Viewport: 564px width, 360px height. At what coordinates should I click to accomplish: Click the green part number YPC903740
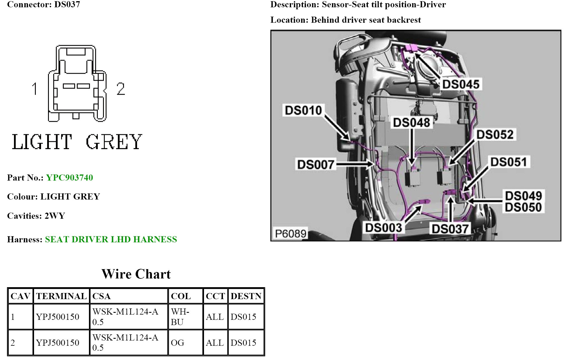pyautogui.click(x=70, y=178)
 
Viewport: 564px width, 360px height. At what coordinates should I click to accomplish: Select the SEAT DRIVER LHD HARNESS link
pyautogui.click(x=111, y=239)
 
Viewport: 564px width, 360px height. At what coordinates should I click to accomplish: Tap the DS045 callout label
pyautogui.click(x=461, y=84)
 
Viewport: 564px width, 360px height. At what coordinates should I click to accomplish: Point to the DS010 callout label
pyautogui.click(x=303, y=110)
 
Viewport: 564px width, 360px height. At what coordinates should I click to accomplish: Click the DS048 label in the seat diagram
pyautogui.click(x=412, y=123)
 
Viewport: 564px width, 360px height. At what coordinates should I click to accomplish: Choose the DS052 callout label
pyautogui.click(x=495, y=135)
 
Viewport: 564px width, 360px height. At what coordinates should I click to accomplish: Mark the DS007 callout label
pyautogui.click(x=315, y=165)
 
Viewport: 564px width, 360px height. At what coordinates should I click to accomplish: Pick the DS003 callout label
pyautogui.click(x=384, y=228)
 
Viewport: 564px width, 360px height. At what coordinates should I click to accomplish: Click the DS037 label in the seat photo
pyautogui.click(x=450, y=229)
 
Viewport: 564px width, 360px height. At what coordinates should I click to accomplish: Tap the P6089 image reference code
pyautogui.click(x=291, y=234)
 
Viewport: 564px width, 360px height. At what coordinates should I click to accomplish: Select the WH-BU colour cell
pyautogui.click(x=180, y=317)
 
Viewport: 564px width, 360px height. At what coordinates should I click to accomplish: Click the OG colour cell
pyautogui.click(x=178, y=343)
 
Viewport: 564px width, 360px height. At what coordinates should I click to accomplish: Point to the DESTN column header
pyautogui.click(x=246, y=296)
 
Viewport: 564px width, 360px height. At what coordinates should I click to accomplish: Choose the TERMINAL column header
pyautogui.click(x=61, y=296)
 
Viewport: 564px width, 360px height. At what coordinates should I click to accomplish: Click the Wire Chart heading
pyautogui.click(x=136, y=274)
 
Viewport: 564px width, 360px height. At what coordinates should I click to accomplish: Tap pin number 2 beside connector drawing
pyautogui.click(x=120, y=89)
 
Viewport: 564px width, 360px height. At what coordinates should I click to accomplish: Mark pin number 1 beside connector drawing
pyautogui.click(x=35, y=89)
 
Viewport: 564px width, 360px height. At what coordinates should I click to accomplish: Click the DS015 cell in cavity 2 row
pyautogui.click(x=243, y=343)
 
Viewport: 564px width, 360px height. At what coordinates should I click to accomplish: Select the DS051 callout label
pyautogui.click(x=508, y=162)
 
